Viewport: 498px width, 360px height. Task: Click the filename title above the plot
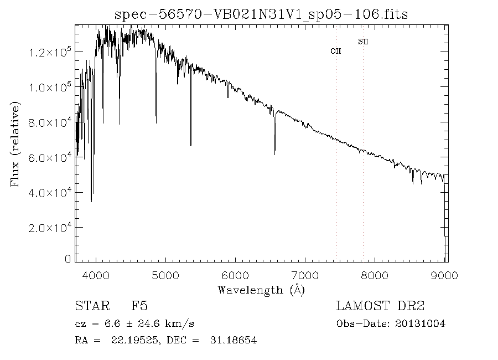click(261, 14)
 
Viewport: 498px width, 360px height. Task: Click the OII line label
click(336, 51)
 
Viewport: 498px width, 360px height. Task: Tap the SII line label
click(363, 41)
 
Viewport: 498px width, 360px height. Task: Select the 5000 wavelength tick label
click(167, 275)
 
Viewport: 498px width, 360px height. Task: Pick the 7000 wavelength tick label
click(307, 275)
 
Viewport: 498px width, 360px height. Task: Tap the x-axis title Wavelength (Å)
click(261, 290)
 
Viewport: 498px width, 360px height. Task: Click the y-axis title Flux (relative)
click(15, 145)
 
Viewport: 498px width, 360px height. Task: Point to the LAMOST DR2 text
click(380, 306)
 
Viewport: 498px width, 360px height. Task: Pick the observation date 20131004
click(421, 323)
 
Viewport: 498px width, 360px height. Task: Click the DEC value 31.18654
click(234, 340)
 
